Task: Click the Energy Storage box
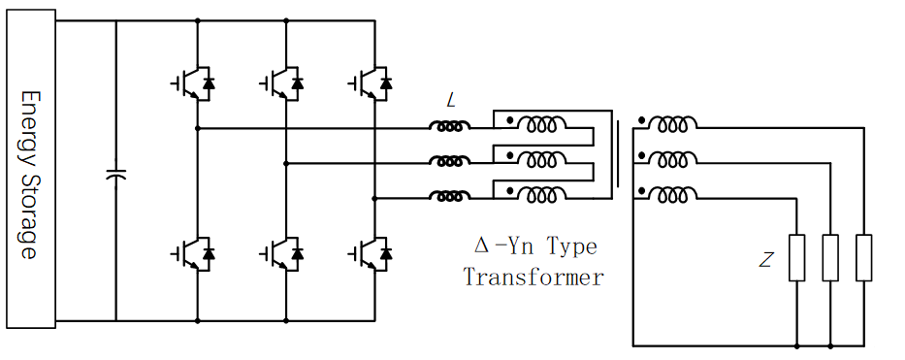click(31, 169)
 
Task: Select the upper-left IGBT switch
click(193, 83)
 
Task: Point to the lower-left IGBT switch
click(193, 253)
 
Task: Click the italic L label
click(451, 102)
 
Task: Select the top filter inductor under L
click(450, 126)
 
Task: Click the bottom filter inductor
click(450, 197)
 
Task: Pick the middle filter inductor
click(450, 161)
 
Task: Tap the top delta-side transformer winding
click(541, 124)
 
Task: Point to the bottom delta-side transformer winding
click(541, 194)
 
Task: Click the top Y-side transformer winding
click(672, 124)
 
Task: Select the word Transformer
click(533, 278)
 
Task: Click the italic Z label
click(765, 261)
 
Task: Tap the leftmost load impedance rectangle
click(796, 258)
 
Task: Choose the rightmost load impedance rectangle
click(864, 258)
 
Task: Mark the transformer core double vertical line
click(618, 154)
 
